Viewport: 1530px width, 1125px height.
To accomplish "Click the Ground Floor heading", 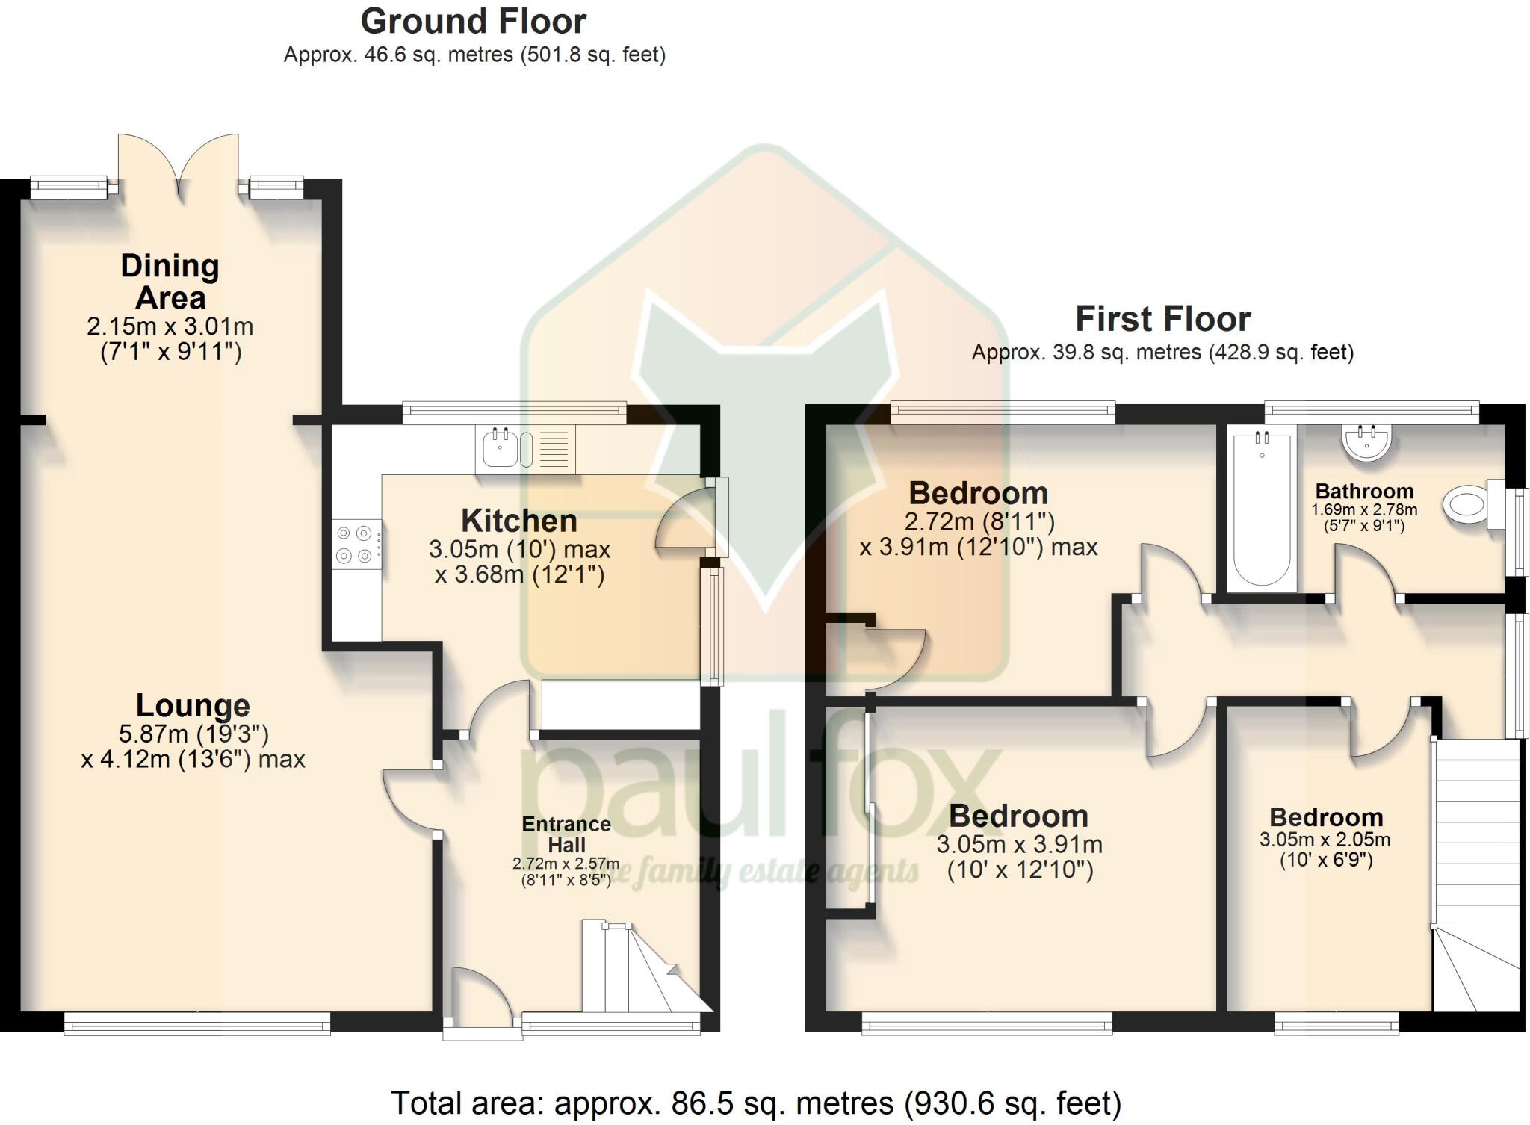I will pyautogui.click(x=473, y=22).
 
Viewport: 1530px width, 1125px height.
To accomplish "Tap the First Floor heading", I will pyautogui.click(x=1162, y=320).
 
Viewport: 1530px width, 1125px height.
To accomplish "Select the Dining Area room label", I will pyautogui.click(x=170, y=282).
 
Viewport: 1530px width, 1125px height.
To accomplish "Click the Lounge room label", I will pyautogui.click(x=193, y=706).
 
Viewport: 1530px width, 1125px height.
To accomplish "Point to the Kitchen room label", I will pyautogui.click(x=518, y=521).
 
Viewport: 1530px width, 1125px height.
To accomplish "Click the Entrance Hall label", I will pyautogui.click(x=566, y=834).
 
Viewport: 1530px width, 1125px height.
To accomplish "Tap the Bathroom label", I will pyautogui.click(x=1364, y=492).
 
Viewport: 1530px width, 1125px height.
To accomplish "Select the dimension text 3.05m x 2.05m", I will pyautogui.click(x=1325, y=840).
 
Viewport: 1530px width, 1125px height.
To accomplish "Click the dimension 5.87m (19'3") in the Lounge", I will pyautogui.click(x=193, y=735).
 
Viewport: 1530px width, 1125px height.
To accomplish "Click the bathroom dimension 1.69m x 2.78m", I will pyautogui.click(x=1364, y=510).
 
